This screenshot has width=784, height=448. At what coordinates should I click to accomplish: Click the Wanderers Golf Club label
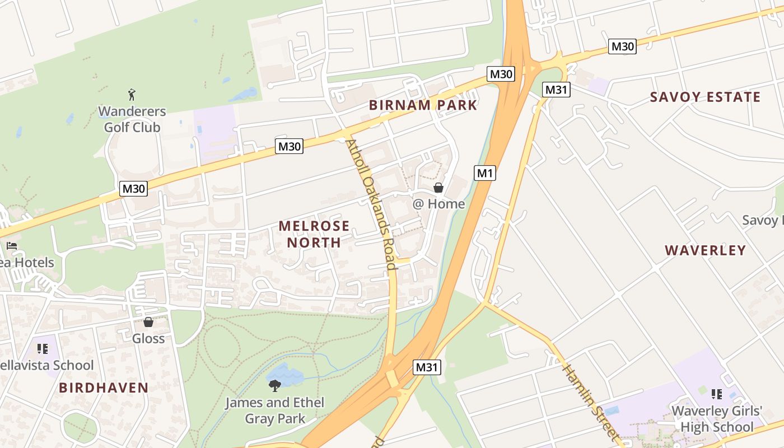(132, 119)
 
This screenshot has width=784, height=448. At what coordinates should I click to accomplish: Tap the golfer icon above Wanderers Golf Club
(132, 94)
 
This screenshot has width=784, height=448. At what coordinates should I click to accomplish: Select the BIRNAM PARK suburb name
(423, 105)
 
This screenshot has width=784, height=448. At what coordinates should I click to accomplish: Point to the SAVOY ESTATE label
(705, 97)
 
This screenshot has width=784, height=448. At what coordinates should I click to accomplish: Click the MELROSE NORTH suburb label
(314, 234)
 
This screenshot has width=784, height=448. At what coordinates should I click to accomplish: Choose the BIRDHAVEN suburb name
(104, 388)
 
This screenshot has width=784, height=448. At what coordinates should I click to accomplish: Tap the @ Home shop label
(439, 204)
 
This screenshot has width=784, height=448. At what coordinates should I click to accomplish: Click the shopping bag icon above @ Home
(438, 188)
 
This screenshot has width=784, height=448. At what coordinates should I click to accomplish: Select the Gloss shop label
(148, 338)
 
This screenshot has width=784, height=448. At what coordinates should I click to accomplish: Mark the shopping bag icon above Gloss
(148, 322)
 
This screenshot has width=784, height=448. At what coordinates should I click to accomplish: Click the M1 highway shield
(485, 173)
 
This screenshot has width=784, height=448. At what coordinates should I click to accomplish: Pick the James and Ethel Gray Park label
(275, 410)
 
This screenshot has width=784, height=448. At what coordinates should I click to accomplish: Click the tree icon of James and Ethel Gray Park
(275, 385)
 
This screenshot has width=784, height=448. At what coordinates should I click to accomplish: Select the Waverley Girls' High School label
(717, 419)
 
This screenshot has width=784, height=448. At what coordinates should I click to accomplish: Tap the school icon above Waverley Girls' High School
(716, 395)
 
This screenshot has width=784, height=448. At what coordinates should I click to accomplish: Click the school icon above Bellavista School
(43, 349)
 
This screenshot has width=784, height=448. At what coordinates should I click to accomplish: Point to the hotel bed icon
(11, 246)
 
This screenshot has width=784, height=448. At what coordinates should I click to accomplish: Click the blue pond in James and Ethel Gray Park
(286, 374)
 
